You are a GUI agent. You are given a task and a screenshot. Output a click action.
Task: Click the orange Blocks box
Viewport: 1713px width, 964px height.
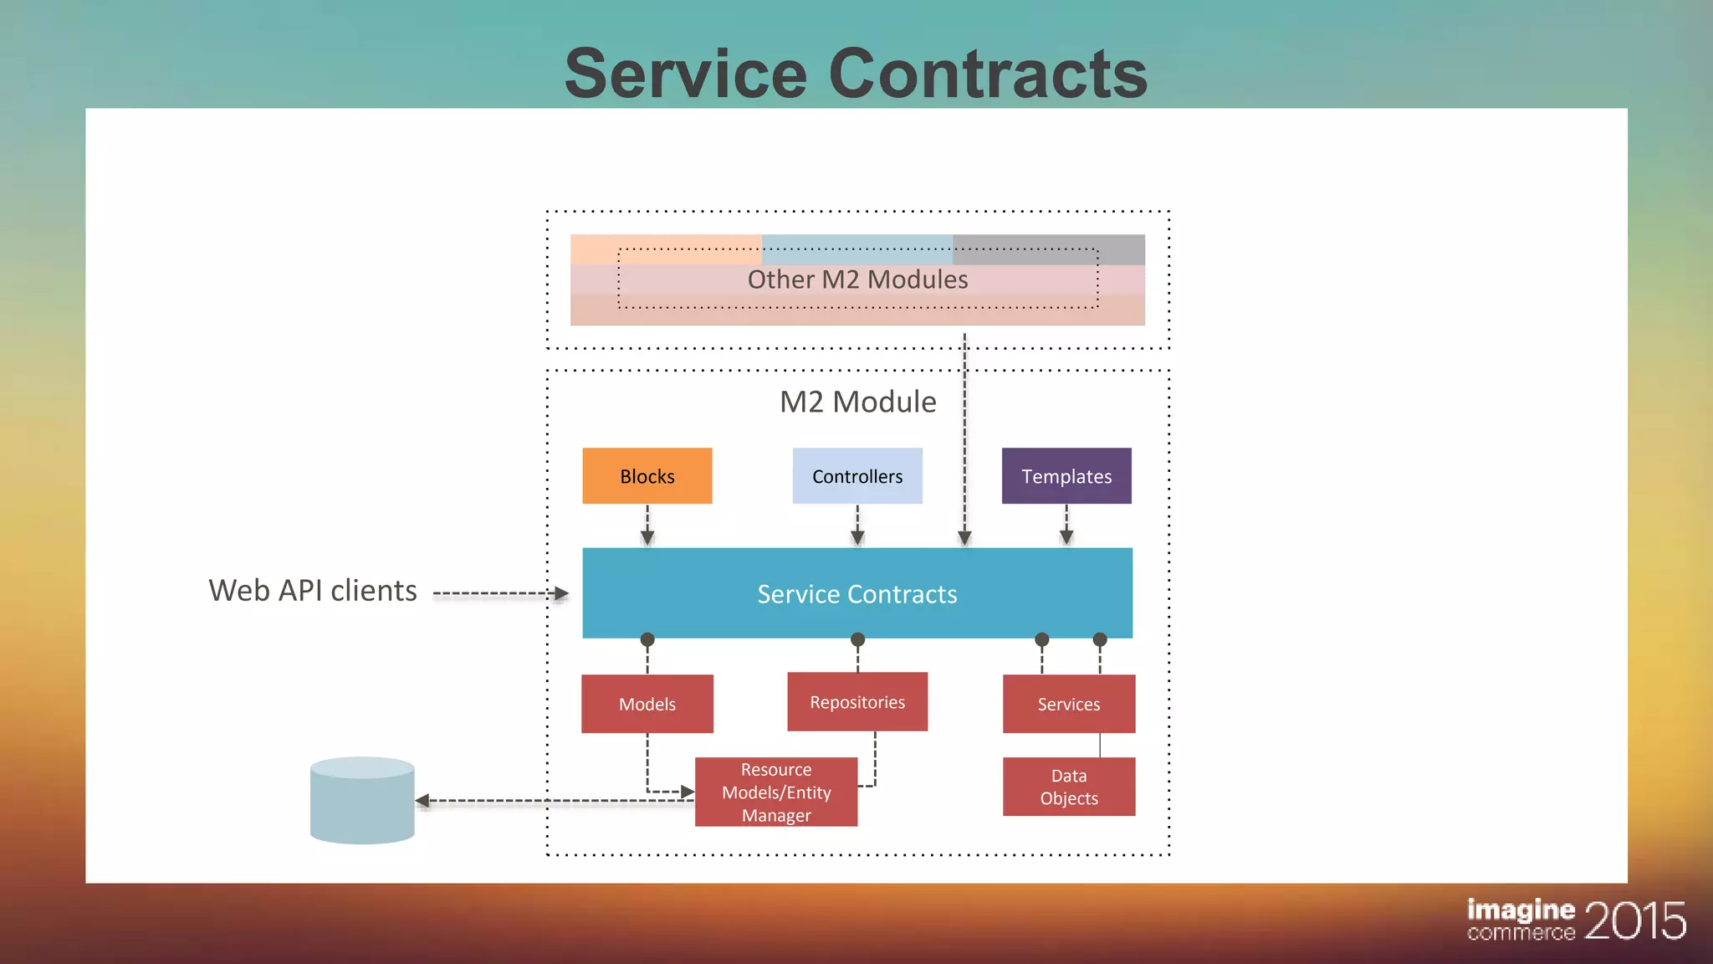coord(647,475)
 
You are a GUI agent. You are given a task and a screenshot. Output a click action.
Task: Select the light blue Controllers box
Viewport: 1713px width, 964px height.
coord(857,475)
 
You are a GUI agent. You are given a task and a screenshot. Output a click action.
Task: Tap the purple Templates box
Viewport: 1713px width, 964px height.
coord(1066,475)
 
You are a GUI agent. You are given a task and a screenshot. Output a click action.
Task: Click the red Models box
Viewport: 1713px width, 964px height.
coord(647,704)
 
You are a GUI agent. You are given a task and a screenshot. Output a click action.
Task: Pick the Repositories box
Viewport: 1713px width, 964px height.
coord(857,701)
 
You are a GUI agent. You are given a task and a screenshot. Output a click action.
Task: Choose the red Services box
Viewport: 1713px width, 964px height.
coord(1069,704)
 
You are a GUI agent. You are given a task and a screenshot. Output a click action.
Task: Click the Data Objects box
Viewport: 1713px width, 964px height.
coord(1069,787)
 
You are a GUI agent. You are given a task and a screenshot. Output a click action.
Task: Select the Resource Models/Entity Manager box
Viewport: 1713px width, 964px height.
coord(776,792)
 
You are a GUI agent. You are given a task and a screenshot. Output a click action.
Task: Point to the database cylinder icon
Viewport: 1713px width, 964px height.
coord(362,801)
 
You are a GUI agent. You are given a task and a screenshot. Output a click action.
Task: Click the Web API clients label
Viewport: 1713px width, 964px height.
coord(312,591)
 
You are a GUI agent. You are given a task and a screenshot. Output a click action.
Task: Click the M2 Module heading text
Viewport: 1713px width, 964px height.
coord(857,402)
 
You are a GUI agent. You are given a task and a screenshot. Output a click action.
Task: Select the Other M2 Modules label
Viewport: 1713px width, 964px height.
coord(857,279)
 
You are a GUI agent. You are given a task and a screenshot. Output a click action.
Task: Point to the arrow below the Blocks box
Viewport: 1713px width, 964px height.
coord(647,526)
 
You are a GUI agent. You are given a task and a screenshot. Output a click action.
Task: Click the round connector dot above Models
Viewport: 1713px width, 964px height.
coord(647,640)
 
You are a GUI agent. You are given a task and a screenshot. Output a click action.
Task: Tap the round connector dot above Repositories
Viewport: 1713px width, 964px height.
coord(857,640)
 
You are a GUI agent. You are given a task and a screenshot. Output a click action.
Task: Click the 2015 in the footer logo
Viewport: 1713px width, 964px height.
coord(1634,920)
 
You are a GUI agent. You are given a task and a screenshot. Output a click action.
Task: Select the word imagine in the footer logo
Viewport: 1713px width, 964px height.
coord(1521,910)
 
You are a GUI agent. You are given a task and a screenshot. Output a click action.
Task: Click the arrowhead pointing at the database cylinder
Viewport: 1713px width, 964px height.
coord(423,801)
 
